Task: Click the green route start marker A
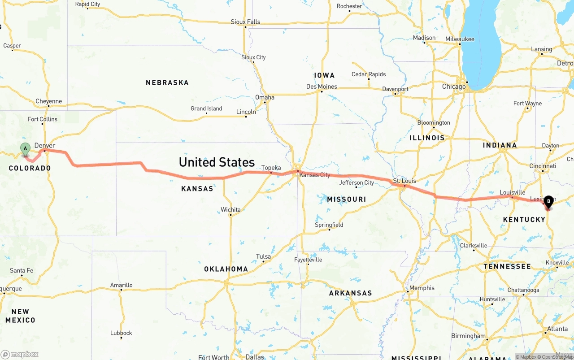pos(25,148)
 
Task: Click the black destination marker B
pos(548,202)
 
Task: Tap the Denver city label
pos(45,146)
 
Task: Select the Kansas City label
pos(315,175)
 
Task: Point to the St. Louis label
pos(404,181)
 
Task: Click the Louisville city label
pos(513,193)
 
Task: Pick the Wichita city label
pos(230,210)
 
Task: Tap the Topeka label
pos(271,168)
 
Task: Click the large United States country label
pos(217,162)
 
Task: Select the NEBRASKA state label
pos(167,82)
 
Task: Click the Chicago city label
pos(454,87)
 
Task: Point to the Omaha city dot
pos(265,102)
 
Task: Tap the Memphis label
pos(422,288)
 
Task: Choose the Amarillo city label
pos(122,285)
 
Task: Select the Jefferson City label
pos(357,182)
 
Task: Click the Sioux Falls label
pos(245,22)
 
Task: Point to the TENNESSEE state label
pos(507,266)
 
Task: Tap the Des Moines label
pos(321,87)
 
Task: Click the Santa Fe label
pos(22,270)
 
